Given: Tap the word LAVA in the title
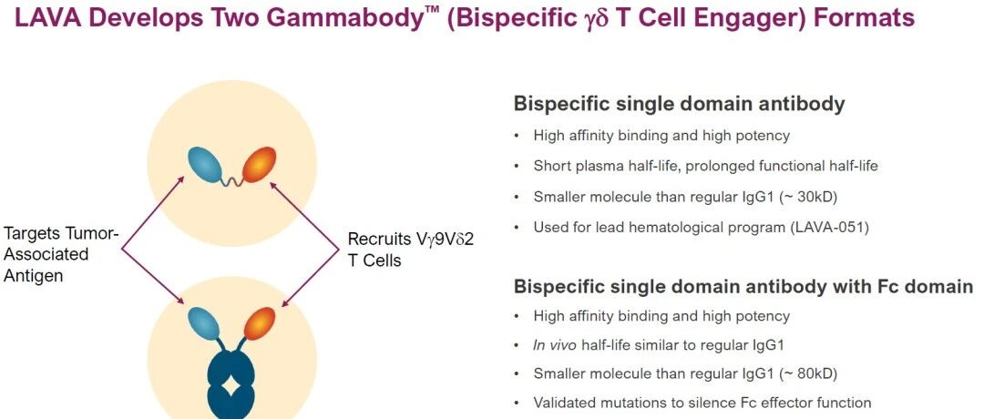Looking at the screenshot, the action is tap(48, 19).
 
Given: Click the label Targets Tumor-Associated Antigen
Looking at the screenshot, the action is tap(60, 254).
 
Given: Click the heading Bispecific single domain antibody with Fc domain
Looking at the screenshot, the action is tap(743, 286).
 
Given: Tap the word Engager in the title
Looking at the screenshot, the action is tap(737, 19).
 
